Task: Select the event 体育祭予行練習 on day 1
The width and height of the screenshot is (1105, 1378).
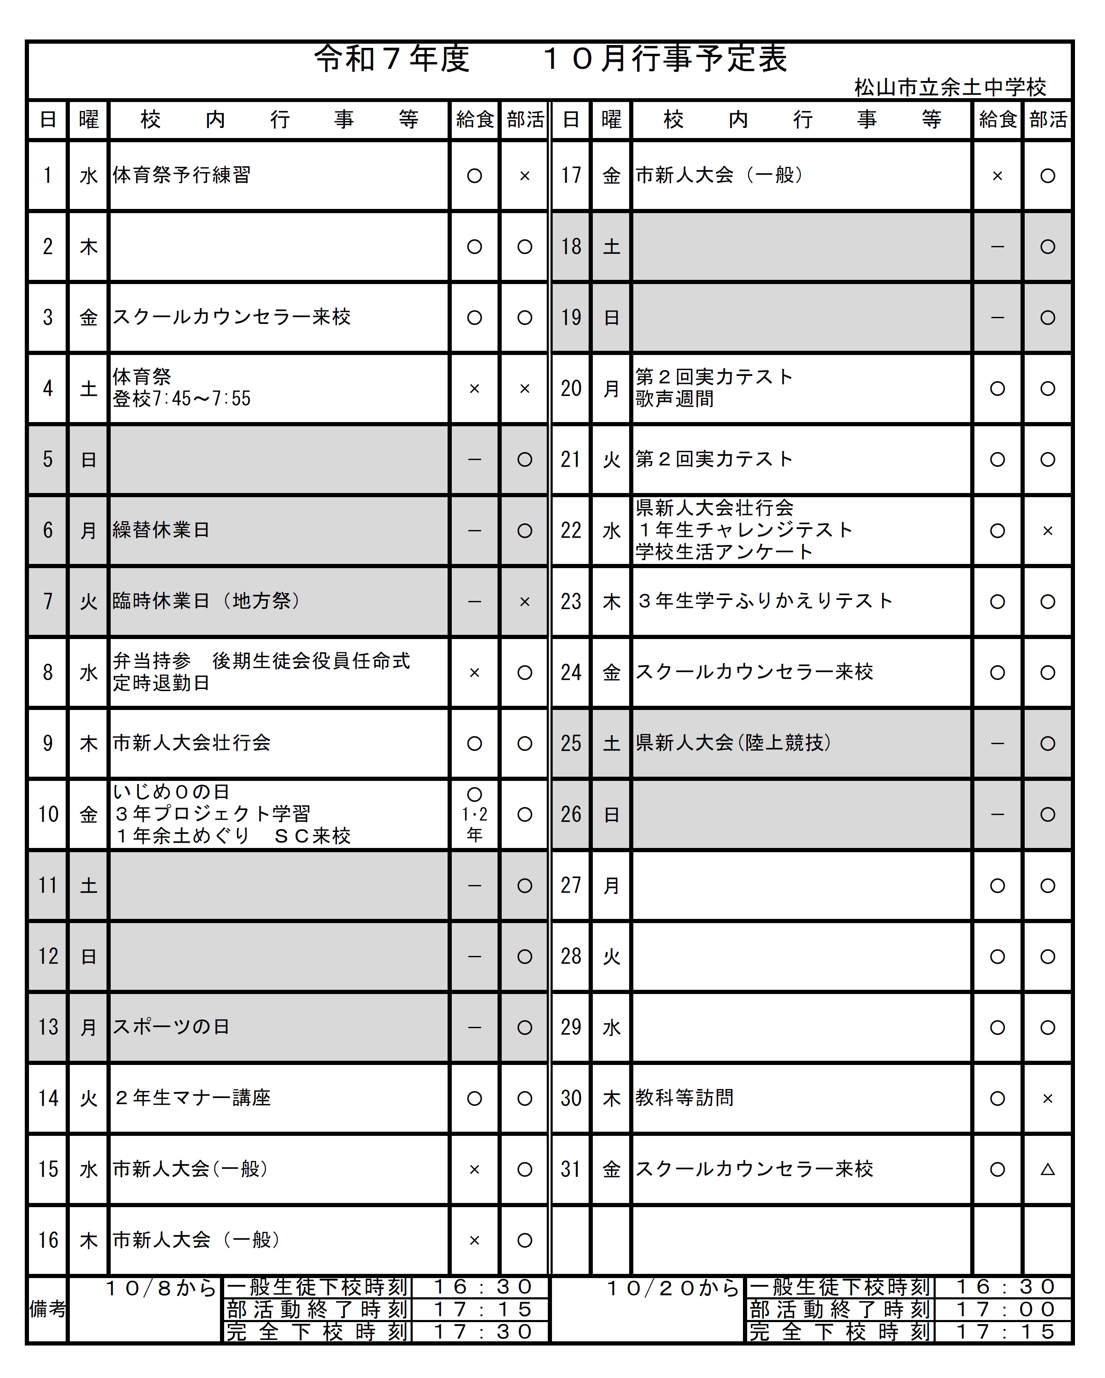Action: [x=182, y=175]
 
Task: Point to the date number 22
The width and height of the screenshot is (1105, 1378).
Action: [x=570, y=530]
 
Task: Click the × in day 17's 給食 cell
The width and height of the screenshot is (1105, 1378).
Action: [x=997, y=176]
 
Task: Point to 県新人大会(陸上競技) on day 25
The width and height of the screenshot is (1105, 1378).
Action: [x=733, y=743]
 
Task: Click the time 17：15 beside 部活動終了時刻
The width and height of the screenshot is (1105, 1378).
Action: [x=482, y=1309]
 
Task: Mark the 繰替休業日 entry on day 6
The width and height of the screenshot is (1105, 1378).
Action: [x=161, y=530]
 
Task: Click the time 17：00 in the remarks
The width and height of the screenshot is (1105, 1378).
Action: [x=1005, y=1309]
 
